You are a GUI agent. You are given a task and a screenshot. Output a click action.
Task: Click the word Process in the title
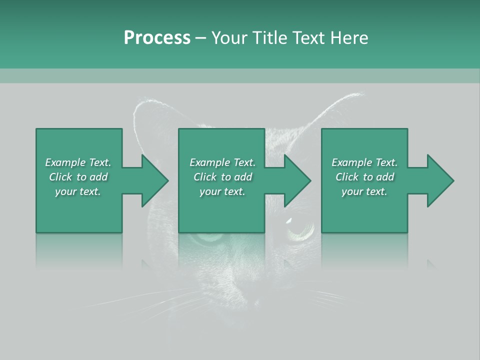tap(157, 38)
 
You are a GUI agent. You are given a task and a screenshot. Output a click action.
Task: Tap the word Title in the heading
tap(270, 38)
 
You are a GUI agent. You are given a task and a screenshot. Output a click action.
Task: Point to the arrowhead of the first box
tap(154, 180)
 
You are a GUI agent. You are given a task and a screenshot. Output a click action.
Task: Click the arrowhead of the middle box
tap(297, 180)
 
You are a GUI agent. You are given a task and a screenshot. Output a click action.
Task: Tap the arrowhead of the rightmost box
tap(440, 180)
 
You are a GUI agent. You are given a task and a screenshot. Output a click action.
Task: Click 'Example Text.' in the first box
tap(78, 162)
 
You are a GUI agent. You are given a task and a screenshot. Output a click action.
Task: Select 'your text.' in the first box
tap(78, 191)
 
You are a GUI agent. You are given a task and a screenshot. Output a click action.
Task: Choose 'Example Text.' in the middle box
tap(222, 162)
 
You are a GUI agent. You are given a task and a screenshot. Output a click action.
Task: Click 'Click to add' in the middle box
tap(222, 177)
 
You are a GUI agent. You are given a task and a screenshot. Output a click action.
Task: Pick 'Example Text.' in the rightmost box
tap(364, 162)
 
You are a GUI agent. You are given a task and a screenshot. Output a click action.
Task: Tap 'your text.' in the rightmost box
tap(364, 191)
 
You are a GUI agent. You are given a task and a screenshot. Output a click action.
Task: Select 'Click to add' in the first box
tap(78, 177)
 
